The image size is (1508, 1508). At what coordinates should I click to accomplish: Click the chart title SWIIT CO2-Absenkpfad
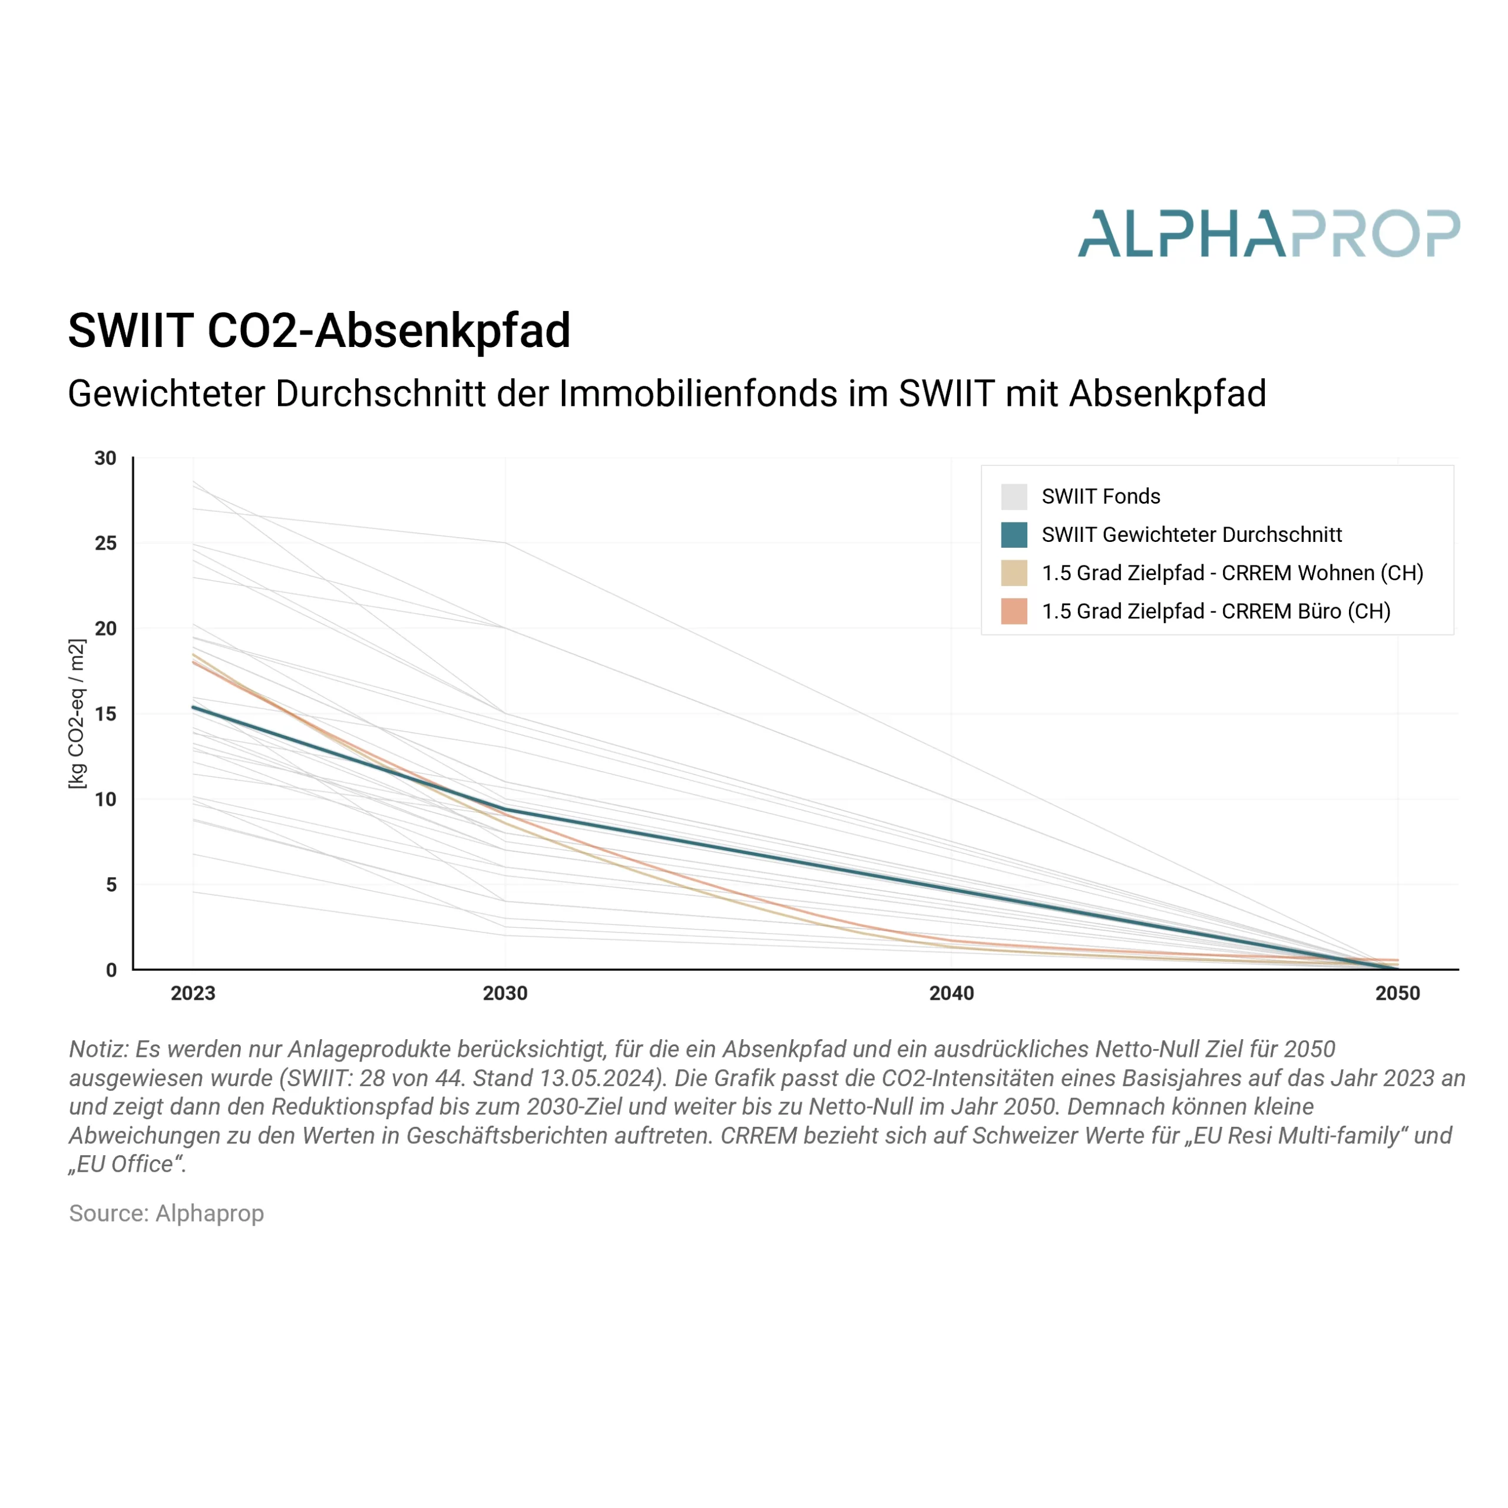coord(319,331)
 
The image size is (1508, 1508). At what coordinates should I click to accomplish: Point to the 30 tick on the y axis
coord(105,458)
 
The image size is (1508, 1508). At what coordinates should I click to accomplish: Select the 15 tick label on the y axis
coord(105,714)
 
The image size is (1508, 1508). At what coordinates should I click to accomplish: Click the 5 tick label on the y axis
coord(111,884)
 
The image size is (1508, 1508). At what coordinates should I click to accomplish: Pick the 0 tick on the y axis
coord(111,970)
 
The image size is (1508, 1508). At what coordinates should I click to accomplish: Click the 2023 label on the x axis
coord(193,994)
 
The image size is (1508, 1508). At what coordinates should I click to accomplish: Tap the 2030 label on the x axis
coord(505,994)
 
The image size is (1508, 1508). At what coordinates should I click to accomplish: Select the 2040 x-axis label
coord(951,994)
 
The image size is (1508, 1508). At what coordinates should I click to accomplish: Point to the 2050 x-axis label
coord(1398,994)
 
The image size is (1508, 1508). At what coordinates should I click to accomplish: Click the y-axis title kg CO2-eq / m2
coord(77,714)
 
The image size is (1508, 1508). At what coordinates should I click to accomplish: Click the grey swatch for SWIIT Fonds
coord(1014,497)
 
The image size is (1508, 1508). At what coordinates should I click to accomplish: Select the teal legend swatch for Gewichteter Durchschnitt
coord(1014,535)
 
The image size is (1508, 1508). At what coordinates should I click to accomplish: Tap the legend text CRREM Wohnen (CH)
coord(1322,573)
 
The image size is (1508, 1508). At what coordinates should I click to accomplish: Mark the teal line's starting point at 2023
coord(194,707)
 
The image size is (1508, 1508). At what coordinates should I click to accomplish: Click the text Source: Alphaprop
coord(166,1213)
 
